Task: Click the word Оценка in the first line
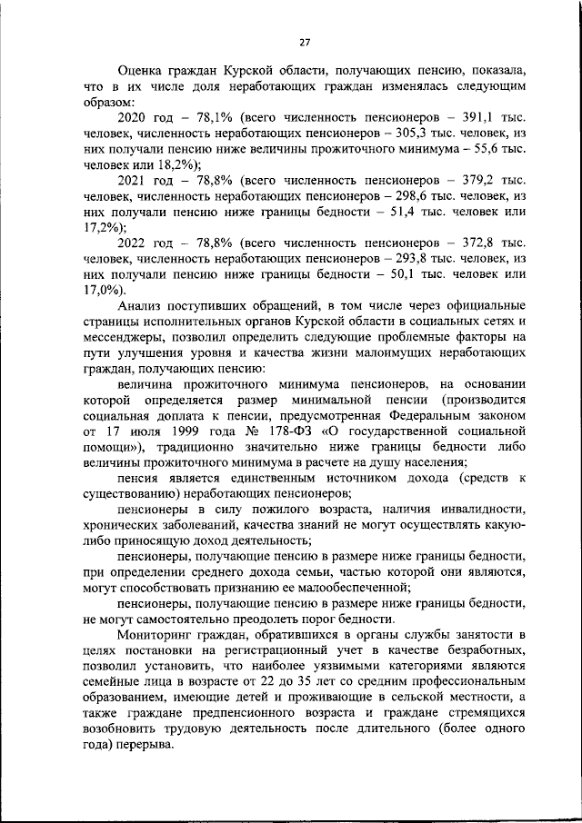142,71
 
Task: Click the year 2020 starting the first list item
135,118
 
